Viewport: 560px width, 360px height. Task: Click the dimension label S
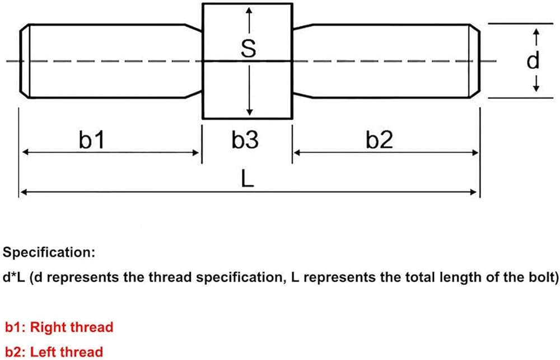[249, 48]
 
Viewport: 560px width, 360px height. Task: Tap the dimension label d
[533, 60]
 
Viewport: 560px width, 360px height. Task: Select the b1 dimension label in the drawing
[92, 139]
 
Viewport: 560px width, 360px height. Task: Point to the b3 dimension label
[245, 139]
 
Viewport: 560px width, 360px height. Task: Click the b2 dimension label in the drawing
[379, 139]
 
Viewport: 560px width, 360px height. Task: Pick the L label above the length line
[248, 178]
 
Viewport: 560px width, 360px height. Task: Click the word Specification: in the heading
[49, 253]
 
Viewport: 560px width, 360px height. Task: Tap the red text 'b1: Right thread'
[59, 327]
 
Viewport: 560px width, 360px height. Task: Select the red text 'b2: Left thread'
[54, 352]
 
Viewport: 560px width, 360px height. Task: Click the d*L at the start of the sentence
[14, 277]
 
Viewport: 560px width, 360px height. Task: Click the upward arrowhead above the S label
[249, 11]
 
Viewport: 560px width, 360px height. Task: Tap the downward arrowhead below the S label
[250, 111]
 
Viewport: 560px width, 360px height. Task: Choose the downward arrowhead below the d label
[536, 88]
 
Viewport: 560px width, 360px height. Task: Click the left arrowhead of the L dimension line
[24, 193]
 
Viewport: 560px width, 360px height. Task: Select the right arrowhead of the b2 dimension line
[475, 153]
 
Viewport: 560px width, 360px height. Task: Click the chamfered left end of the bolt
[24, 61]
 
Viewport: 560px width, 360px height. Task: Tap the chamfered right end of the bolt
[474, 61]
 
